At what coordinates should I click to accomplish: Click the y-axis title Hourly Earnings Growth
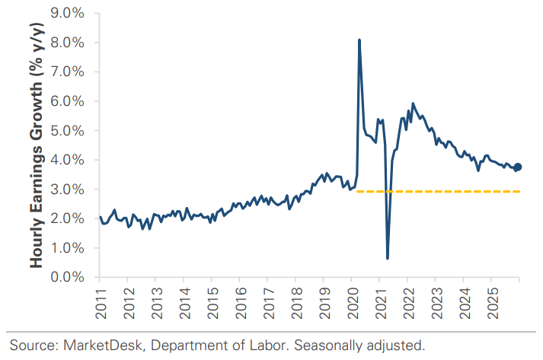click(x=36, y=145)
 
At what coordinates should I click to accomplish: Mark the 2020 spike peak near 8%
click(x=359, y=40)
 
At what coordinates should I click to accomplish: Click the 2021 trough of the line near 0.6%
click(x=388, y=258)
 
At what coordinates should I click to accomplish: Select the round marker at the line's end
click(x=517, y=167)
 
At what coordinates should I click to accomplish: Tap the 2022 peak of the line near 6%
click(x=413, y=104)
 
